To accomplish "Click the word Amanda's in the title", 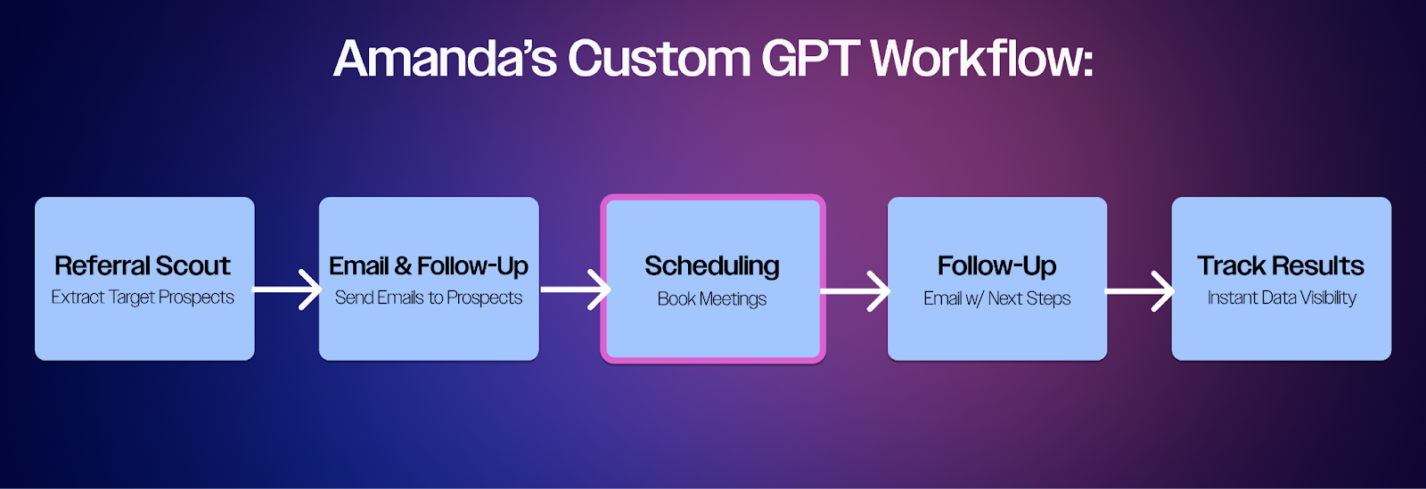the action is [445, 59].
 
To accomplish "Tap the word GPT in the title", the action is [807, 59].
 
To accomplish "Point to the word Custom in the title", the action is [659, 59].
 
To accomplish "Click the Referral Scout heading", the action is [142, 265].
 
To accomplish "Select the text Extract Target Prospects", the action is [143, 297].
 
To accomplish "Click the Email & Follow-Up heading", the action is [429, 265].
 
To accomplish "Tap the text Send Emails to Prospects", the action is [429, 297].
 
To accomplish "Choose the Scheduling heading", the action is [712, 266].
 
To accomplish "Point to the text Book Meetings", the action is [712, 299].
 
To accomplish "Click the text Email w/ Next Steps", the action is [997, 298].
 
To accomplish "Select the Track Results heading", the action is [1281, 265].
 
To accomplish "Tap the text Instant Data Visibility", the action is [1282, 297].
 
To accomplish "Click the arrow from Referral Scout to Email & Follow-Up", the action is [286, 290].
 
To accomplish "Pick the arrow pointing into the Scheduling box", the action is [576, 290].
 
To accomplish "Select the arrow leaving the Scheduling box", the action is [855, 291].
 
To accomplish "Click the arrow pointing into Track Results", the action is [1140, 291].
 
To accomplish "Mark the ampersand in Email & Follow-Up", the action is [402, 265].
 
